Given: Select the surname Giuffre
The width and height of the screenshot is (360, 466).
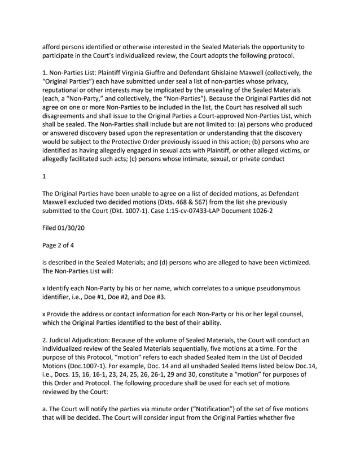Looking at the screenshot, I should (x=173, y=73).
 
